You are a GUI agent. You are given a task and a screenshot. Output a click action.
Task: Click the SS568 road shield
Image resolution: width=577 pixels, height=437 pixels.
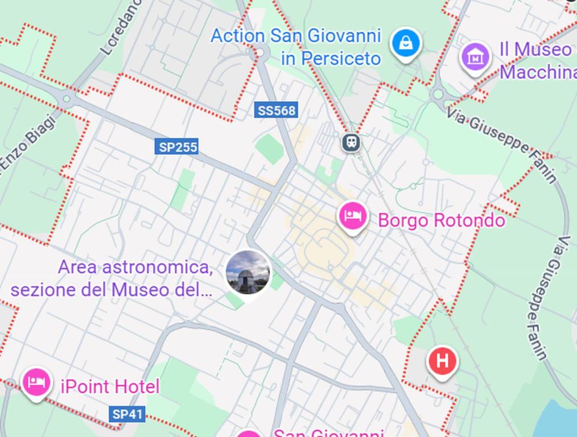277,110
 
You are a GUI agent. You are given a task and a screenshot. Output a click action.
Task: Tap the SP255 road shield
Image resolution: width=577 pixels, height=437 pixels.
177,147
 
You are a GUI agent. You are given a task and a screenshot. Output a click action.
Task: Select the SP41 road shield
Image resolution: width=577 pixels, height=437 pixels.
127,414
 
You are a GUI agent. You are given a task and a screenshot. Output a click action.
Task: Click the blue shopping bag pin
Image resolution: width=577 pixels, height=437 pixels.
406,43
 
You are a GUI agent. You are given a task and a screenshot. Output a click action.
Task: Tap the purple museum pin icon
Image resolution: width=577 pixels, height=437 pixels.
475,57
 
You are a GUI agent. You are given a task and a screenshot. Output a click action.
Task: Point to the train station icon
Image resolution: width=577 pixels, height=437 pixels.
352,142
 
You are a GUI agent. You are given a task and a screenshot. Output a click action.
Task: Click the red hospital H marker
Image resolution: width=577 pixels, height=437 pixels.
442,361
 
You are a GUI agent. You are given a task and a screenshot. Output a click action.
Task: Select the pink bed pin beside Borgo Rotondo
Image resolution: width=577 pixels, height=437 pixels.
353,216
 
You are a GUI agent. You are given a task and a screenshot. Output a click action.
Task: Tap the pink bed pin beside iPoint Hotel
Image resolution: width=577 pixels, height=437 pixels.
36,382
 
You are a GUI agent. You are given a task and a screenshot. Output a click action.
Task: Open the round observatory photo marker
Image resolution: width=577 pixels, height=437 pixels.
248,273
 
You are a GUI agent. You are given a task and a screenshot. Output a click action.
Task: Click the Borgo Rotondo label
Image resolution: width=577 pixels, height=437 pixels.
441,220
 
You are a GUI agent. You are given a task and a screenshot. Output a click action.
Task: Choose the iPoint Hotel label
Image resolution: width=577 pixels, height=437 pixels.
110,387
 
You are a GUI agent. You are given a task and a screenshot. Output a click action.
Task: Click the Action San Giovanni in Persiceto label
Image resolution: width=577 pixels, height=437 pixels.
296,47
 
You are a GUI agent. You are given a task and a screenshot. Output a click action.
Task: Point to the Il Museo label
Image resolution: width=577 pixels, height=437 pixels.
535,50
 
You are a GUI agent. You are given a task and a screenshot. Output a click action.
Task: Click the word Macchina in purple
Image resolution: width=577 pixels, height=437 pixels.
538,73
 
